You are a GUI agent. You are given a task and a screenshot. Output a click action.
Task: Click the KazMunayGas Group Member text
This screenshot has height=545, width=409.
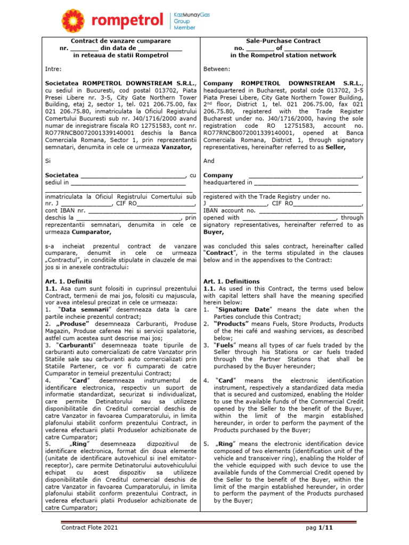[192, 20]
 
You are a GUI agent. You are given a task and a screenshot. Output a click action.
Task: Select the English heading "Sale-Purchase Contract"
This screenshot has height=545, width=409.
[283, 40]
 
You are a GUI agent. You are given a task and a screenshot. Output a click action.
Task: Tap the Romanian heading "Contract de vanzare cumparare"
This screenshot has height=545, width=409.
[121, 40]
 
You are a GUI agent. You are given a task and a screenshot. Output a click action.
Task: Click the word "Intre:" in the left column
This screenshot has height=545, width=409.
[53, 69]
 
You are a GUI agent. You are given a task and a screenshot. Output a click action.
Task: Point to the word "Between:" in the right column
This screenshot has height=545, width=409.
[217, 69]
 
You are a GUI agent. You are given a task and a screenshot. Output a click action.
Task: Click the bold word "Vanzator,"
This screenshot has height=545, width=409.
[177, 147]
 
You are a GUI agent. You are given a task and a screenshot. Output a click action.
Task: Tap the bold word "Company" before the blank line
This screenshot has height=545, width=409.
[218, 175]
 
